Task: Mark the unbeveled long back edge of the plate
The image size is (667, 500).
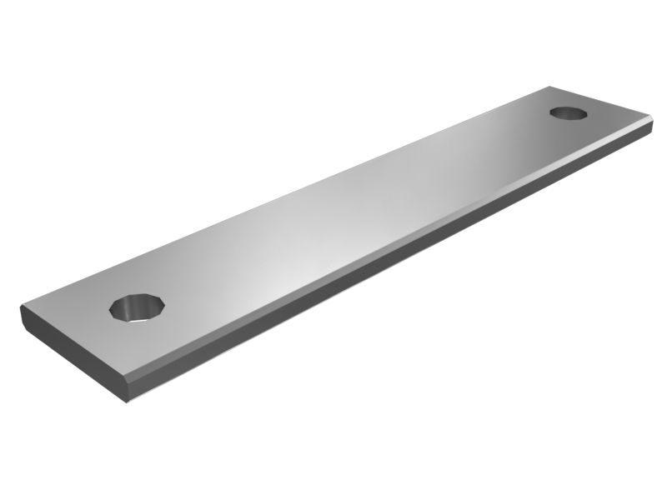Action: [x=292, y=188]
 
